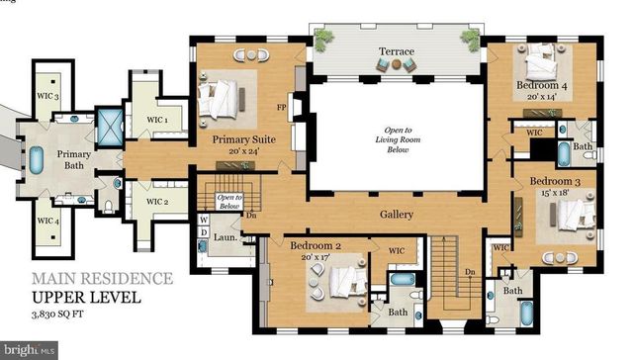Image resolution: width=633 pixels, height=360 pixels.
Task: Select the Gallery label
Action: (396, 214)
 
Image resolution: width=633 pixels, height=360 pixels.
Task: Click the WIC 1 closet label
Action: (158, 120)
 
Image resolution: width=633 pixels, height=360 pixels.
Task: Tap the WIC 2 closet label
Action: (158, 202)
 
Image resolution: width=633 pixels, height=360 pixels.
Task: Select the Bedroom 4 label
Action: (542, 91)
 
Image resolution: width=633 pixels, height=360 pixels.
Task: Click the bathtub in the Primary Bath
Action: (37, 158)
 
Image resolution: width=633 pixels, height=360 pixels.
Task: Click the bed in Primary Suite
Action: (226, 97)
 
